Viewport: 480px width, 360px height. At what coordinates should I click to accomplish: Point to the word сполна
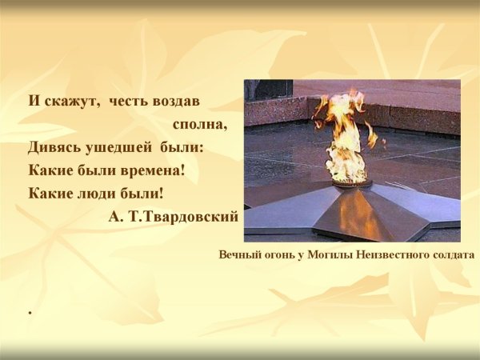pos(200,124)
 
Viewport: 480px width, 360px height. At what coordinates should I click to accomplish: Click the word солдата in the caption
pos(451,254)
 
